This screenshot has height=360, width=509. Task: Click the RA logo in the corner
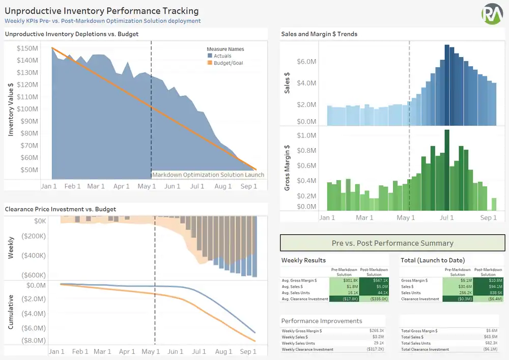point(492,13)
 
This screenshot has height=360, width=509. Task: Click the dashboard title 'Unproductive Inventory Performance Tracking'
point(102,11)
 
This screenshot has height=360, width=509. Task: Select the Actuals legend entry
point(222,56)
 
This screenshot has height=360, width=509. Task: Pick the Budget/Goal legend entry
point(228,63)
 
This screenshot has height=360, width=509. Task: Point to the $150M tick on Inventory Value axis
point(27,48)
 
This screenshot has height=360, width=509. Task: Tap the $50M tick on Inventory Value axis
point(29,170)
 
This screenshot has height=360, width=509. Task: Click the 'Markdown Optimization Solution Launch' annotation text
point(208,175)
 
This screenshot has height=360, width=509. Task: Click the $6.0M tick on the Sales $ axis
point(307,62)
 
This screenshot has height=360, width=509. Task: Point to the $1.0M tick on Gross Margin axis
point(307,135)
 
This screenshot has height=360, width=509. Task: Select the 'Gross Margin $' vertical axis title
point(287,168)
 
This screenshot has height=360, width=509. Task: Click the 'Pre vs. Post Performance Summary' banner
point(392,243)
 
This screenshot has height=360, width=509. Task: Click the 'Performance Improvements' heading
point(322,321)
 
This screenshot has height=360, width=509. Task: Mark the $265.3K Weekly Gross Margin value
point(377,331)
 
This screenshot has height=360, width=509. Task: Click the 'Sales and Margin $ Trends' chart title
point(319,34)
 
